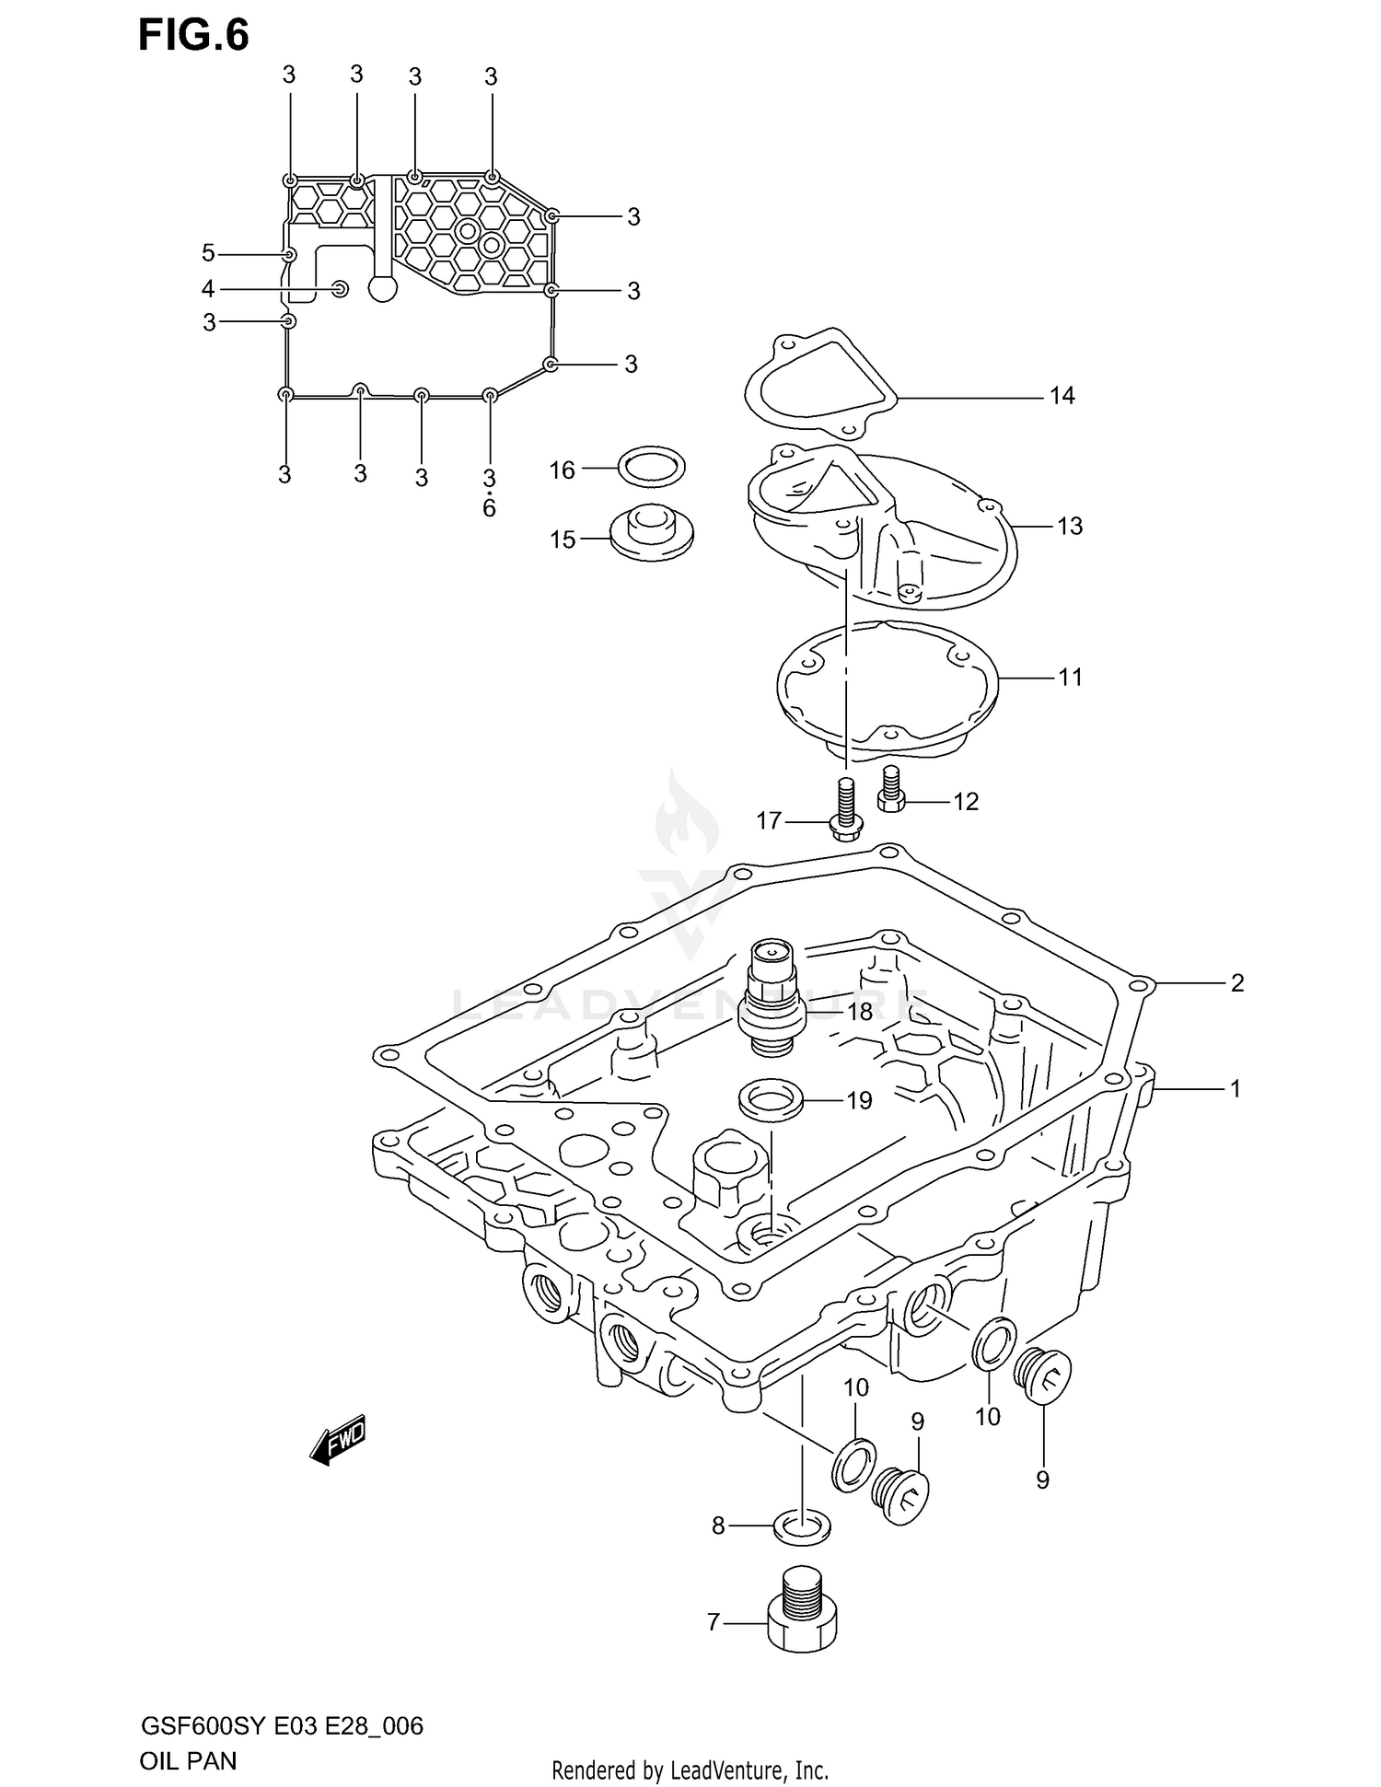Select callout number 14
tap(1062, 396)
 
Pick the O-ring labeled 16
tap(651, 468)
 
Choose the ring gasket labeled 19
tap(770, 1099)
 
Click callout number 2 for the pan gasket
tap(1236, 983)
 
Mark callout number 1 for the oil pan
tap(1235, 1089)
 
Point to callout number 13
tap(1069, 527)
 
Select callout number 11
tap(1069, 678)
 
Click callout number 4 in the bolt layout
tap(208, 289)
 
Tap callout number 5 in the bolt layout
tap(208, 253)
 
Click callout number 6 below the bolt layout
tap(489, 508)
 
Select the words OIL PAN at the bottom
tap(188, 1760)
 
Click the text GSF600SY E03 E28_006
tap(281, 1725)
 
